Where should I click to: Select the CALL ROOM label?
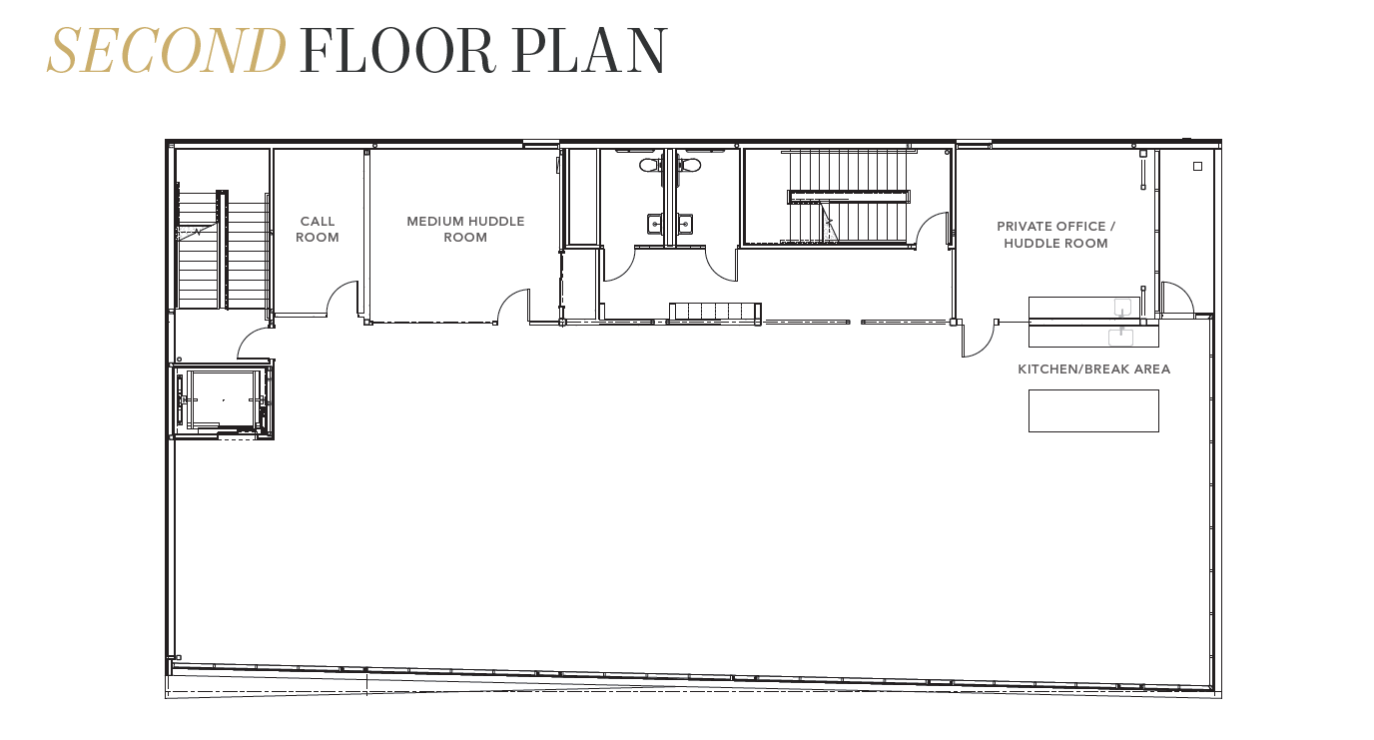click(318, 230)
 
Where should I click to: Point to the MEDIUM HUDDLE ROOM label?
click(465, 230)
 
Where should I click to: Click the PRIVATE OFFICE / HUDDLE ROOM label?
click(1055, 235)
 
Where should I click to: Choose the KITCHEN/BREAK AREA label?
click(1093, 370)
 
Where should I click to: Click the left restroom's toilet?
click(650, 164)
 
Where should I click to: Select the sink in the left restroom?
click(655, 224)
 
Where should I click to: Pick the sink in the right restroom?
click(685, 224)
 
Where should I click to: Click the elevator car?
click(223, 398)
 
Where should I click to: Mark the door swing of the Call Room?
click(343, 298)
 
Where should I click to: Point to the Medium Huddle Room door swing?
click(514, 305)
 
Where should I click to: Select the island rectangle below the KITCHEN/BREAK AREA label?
click(1093, 410)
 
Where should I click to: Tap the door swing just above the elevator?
click(254, 344)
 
